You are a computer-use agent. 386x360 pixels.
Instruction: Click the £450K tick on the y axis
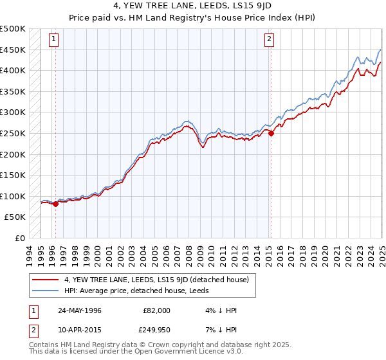pos(13,50)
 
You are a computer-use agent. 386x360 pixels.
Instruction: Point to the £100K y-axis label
pos(13,196)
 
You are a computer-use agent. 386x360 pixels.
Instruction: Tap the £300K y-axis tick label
pos(13,113)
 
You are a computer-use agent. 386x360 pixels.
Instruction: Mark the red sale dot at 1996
pos(55,204)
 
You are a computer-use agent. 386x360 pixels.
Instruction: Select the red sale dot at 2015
pos(271,134)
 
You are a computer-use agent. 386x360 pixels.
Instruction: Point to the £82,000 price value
pos(157,310)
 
